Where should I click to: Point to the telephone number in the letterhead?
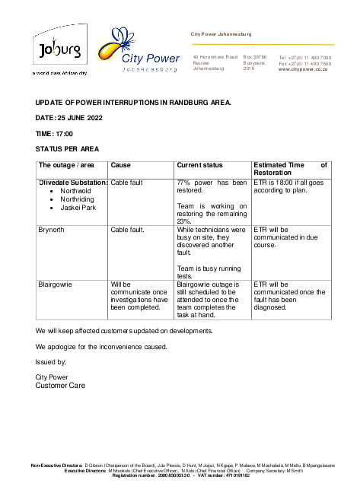[305, 57]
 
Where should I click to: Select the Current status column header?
[199, 165]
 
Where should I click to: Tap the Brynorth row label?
[53, 228]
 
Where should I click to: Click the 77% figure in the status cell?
[183, 183]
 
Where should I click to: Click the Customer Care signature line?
[61, 386]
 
